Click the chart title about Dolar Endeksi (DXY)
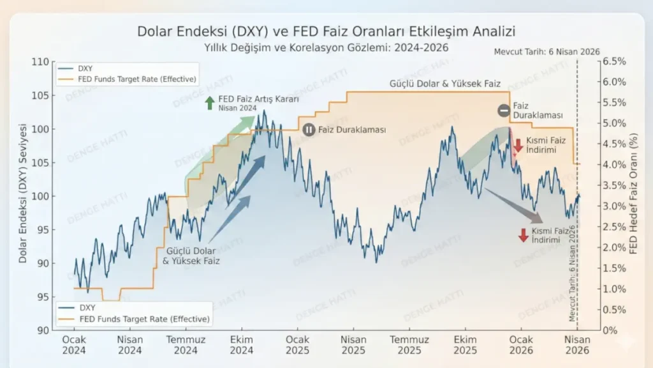point(326,31)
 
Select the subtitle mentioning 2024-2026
point(326,47)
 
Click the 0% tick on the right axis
point(611,330)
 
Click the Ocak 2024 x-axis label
point(75,345)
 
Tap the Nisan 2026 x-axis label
point(578,345)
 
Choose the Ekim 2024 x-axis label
point(242,345)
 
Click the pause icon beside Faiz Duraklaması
point(309,130)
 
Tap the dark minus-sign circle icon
point(504,111)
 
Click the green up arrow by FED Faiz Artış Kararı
point(209,103)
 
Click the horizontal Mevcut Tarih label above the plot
point(547,52)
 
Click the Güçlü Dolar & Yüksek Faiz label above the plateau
point(445,84)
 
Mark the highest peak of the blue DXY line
point(265,111)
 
